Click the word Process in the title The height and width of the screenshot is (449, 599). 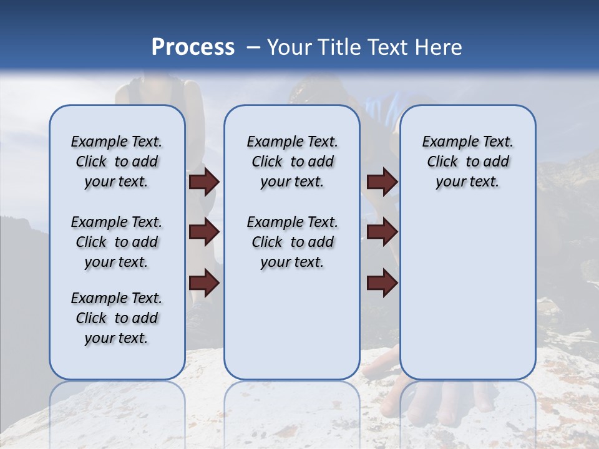193,47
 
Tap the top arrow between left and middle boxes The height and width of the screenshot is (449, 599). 204,182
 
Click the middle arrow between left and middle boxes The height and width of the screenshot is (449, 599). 204,232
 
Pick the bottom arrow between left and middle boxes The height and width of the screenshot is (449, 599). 204,282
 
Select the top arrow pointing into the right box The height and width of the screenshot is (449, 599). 382,182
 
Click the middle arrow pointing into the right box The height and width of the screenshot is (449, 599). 382,232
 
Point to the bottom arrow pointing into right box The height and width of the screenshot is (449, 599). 382,282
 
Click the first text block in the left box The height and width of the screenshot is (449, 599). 117,162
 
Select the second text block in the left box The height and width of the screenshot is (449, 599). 117,242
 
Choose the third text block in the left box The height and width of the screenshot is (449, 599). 117,318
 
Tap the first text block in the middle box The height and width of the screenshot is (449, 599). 292,162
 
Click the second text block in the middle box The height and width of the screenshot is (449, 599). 292,242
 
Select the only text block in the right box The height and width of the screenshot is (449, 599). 467,162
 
